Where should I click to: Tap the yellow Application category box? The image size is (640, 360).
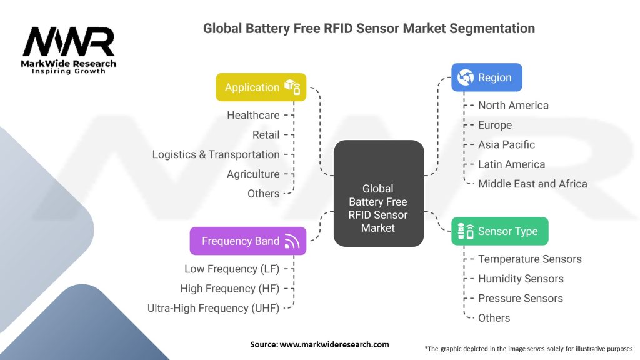pyautogui.click(x=261, y=87)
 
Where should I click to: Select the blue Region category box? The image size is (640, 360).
pyautogui.click(x=486, y=77)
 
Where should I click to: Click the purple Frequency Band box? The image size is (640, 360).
pyautogui.click(x=248, y=241)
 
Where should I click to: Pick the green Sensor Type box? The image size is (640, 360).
pyautogui.click(x=499, y=231)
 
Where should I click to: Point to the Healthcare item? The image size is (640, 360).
pyautogui.click(x=253, y=115)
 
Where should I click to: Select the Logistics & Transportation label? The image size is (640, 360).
pyautogui.click(x=216, y=154)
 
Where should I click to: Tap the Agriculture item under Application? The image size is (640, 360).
pyautogui.click(x=253, y=174)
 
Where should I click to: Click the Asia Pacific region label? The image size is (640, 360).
pyautogui.click(x=506, y=144)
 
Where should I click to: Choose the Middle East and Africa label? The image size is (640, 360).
pyautogui.click(x=532, y=184)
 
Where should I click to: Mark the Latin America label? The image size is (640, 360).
pyautogui.click(x=511, y=164)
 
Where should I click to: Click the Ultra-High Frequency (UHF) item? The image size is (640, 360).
pyautogui.click(x=213, y=308)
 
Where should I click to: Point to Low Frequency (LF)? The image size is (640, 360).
pyautogui.click(x=232, y=269)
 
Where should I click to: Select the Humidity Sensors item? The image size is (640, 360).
pyautogui.click(x=521, y=279)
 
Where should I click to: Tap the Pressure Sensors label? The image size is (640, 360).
pyautogui.click(x=520, y=298)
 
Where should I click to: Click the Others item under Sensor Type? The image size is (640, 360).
pyautogui.click(x=494, y=318)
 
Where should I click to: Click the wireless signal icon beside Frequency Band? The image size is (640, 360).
pyautogui.click(x=292, y=242)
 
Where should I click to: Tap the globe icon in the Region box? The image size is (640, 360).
pyautogui.click(x=466, y=77)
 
